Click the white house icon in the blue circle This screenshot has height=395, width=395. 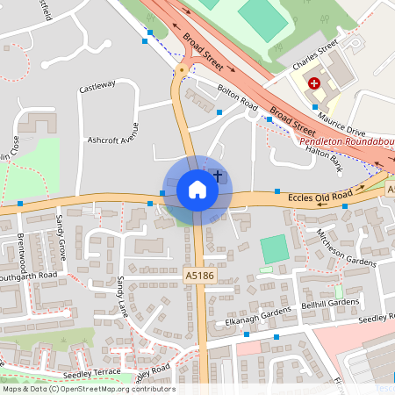tap(197, 189)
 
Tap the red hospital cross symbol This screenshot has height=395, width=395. tap(313, 84)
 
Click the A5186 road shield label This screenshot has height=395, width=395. tap(198, 276)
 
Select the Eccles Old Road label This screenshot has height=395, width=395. tap(320, 197)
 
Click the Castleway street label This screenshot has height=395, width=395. tap(97, 86)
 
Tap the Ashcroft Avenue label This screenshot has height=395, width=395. tap(113, 139)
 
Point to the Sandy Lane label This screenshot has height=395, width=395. tap(121, 297)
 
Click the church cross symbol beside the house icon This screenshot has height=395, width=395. tap(218, 177)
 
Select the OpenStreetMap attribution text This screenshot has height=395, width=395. tap(89, 389)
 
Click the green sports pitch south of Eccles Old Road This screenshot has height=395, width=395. tap(275, 249)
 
